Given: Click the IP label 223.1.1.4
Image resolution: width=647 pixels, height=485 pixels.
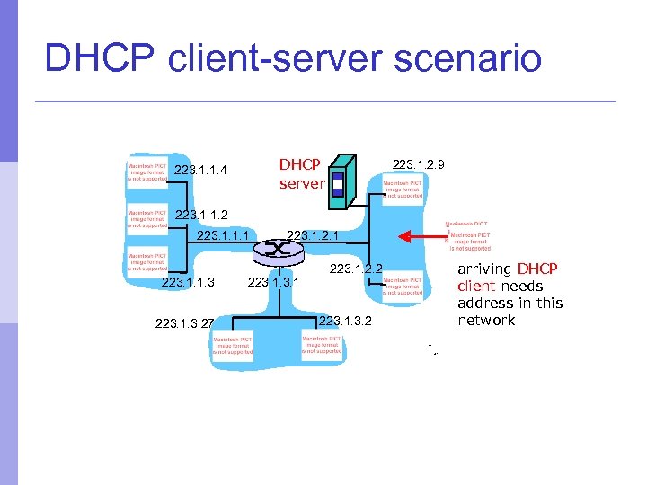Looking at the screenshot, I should coord(200,171).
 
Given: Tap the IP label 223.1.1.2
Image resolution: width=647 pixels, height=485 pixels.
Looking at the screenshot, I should coord(201,215).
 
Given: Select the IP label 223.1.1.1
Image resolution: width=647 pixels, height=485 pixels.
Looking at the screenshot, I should coord(222,236).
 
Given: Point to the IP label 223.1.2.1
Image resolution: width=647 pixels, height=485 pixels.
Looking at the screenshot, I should coord(313,236).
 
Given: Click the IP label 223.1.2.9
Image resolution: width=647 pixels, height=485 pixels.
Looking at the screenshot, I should coord(419,164).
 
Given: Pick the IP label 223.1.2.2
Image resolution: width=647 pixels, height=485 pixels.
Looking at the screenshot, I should coord(357,269).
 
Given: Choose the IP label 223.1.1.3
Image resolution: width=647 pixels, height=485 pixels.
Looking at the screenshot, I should coord(188,283).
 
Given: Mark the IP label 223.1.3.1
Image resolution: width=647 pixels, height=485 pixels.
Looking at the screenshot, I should coord(272,283).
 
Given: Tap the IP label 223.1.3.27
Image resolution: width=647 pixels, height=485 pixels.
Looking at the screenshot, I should coord(185,322).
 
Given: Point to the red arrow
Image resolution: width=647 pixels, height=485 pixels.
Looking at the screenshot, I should coord(421,237).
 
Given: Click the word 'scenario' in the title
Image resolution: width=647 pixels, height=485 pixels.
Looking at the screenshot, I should coord(454,60).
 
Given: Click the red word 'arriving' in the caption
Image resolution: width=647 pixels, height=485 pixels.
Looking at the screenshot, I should coord(484,269).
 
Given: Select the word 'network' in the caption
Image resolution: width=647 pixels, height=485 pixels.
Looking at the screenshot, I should coord(486,321).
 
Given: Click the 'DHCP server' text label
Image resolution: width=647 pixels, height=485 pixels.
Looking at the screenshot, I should coord(300,174).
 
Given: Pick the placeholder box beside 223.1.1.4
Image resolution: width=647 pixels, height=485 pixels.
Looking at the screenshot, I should coord(146,172).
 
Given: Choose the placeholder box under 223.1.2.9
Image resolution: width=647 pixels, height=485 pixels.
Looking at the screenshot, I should coord(403,190).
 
